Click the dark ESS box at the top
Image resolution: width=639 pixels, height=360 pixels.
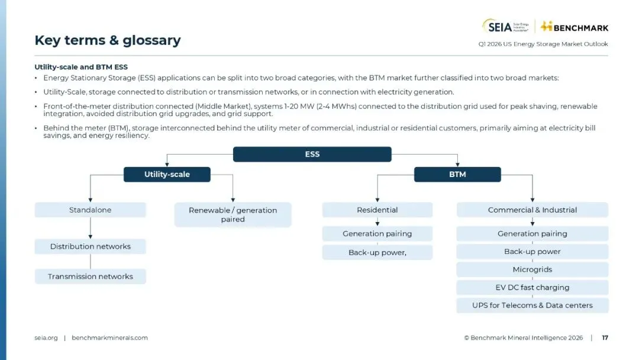coord(312,154)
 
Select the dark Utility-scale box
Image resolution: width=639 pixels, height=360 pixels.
coord(167,174)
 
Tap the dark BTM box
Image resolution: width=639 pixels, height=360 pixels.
coord(457,174)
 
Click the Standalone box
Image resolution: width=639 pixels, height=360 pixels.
coord(90,210)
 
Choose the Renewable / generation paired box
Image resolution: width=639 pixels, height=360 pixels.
coord(233,214)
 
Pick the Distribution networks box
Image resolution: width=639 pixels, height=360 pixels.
coord(90,246)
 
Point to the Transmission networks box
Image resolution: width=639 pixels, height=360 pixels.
coord(90,277)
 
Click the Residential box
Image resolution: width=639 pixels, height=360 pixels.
coord(377,210)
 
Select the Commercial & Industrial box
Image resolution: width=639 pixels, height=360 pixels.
coord(532,210)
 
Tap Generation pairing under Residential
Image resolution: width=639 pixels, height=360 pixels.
coord(377,233)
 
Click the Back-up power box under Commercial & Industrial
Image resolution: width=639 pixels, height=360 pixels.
coord(532,252)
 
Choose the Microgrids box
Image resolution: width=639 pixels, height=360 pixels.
coord(532,269)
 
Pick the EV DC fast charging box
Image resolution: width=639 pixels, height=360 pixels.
coord(532,287)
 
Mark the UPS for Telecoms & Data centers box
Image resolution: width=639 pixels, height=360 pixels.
coord(532,306)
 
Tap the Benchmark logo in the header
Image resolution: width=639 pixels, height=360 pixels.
coord(575,27)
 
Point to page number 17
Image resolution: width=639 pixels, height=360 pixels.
coord(605,338)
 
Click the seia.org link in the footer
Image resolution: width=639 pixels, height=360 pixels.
coord(46,338)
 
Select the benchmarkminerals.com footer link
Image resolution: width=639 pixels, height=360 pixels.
coord(109,338)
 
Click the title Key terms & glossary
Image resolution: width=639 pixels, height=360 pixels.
coord(107,40)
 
